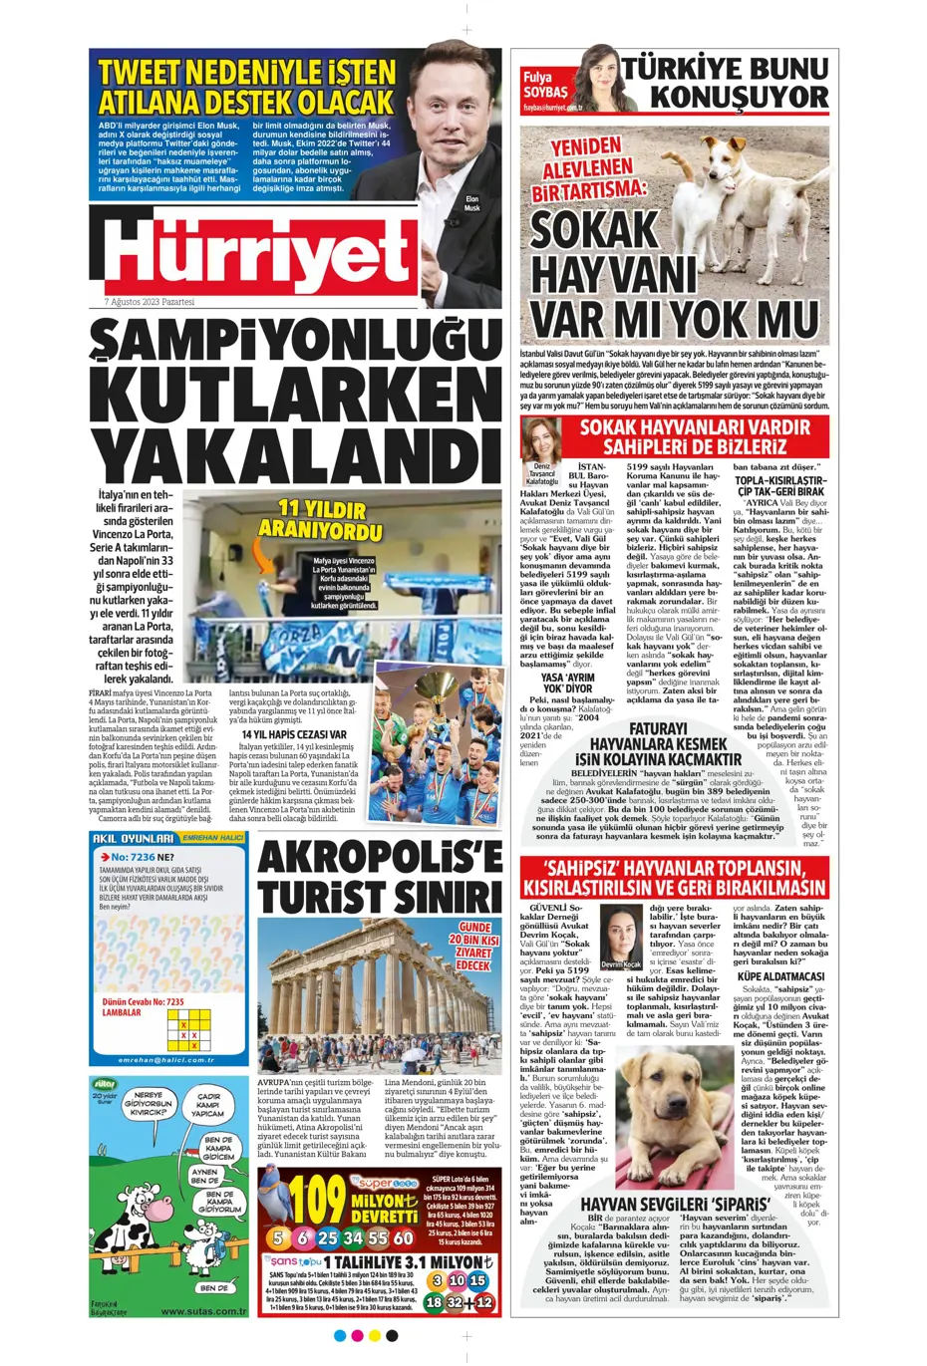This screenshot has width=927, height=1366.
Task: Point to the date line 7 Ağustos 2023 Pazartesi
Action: (x=150, y=302)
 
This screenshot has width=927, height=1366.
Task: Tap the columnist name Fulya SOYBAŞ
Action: (x=545, y=85)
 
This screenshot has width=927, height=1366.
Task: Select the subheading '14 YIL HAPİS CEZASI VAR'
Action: (x=294, y=734)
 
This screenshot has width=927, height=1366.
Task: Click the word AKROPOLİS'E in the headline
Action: (x=380, y=858)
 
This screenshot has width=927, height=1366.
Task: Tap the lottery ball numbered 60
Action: (x=403, y=1237)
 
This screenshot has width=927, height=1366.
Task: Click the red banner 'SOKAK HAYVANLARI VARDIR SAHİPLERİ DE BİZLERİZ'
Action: (x=695, y=436)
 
